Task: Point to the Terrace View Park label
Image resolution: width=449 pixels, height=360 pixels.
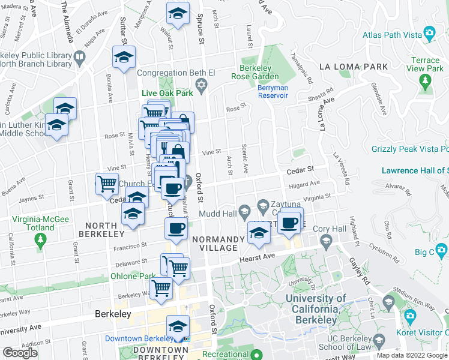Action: click(425, 65)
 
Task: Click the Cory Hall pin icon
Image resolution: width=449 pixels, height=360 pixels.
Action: click(326, 242)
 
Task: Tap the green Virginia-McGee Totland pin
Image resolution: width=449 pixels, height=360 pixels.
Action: click(41, 241)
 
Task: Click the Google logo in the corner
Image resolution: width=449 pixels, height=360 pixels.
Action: click(20, 352)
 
